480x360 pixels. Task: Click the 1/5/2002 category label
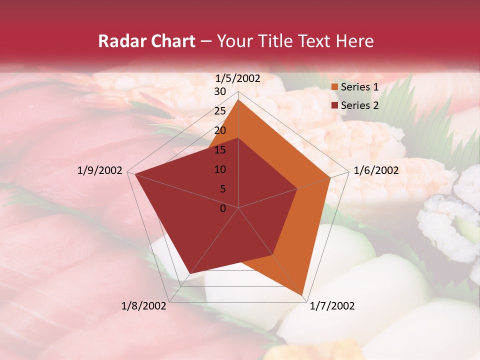(238, 78)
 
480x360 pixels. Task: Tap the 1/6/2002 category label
(376, 170)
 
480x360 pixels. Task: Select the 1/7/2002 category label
(332, 306)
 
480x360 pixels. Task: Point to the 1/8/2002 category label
(144, 306)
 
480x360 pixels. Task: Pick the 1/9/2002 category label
(100, 170)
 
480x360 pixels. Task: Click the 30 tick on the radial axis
(220, 91)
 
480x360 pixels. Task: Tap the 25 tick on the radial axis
(220, 111)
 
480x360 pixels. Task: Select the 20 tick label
(220, 130)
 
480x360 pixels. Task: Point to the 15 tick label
(220, 150)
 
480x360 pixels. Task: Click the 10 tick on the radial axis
(220, 169)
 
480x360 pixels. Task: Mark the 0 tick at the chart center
(223, 208)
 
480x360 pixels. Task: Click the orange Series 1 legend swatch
(335, 87)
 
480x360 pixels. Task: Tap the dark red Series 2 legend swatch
(335, 105)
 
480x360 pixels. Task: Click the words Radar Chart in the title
(146, 41)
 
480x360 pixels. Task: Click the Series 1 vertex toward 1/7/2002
(302, 295)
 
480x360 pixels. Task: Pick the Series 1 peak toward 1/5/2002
(238, 99)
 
